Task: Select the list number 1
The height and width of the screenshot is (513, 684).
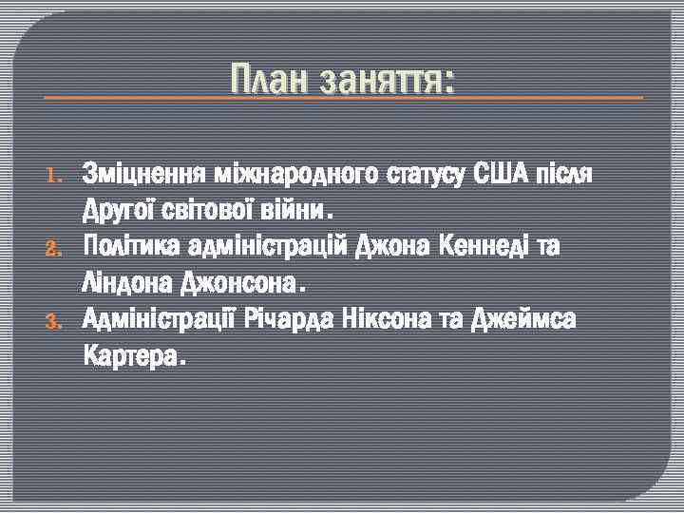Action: tap(54, 176)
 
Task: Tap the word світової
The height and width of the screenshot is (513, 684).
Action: tap(201, 208)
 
